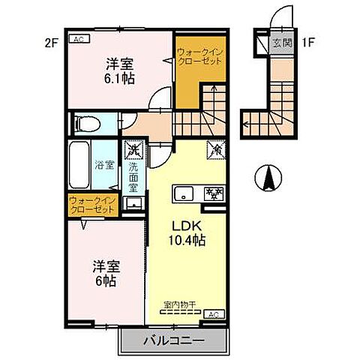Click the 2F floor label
tap(51, 43)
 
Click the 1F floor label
tap(307, 43)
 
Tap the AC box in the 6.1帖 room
tap(78, 39)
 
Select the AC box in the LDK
tap(212, 313)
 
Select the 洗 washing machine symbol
tap(133, 151)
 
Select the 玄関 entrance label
tap(282, 43)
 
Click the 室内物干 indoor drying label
tap(179, 305)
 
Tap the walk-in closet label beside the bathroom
tap(93, 205)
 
